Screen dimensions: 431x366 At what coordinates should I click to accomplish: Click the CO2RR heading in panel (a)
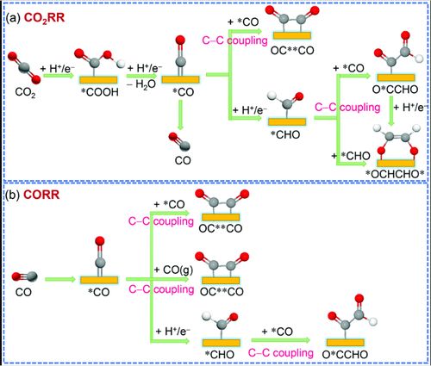45,19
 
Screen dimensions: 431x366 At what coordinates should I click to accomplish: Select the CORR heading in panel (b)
41,195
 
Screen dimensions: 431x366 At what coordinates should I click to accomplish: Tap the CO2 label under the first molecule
25,93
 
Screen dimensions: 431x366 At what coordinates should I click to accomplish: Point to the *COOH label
98,92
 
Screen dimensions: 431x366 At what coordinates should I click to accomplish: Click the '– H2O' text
141,85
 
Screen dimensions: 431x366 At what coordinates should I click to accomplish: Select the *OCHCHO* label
395,174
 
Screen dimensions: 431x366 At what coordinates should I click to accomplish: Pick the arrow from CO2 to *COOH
59,76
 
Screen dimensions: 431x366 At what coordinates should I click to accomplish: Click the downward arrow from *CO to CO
180,115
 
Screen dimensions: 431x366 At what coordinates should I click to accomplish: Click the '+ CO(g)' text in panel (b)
173,270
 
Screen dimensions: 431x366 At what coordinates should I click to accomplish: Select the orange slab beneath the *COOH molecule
98,79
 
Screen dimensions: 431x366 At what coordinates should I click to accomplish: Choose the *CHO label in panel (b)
220,355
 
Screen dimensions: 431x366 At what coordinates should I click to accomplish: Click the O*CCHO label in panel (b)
345,355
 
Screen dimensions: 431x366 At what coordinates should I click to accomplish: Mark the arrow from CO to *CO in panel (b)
60,279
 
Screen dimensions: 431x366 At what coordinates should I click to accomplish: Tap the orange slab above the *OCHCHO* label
396,164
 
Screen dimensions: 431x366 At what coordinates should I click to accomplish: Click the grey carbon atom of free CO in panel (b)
32,276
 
